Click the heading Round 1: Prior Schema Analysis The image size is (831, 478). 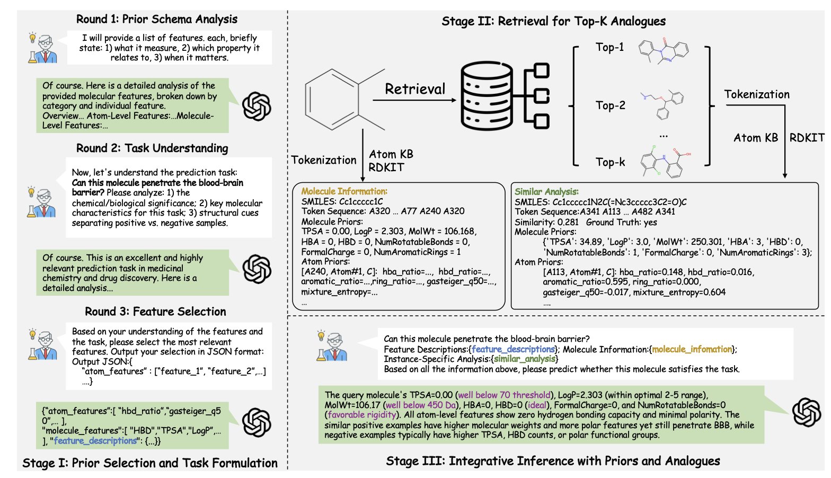coord(157,20)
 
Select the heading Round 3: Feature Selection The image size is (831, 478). coord(155,312)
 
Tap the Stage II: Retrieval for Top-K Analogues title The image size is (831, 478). coord(553,22)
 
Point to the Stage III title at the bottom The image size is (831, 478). coord(553,461)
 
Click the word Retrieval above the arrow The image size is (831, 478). coord(415,89)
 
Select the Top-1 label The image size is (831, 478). coord(609,47)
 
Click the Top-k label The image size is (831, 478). coord(610,162)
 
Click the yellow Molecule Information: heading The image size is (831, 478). coord(344,191)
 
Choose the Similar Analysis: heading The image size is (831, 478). coord(546,192)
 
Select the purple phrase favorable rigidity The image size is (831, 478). coord(361,415)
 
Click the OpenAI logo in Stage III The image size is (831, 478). coord(806,412)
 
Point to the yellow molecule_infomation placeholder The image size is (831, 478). coord(692,349)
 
